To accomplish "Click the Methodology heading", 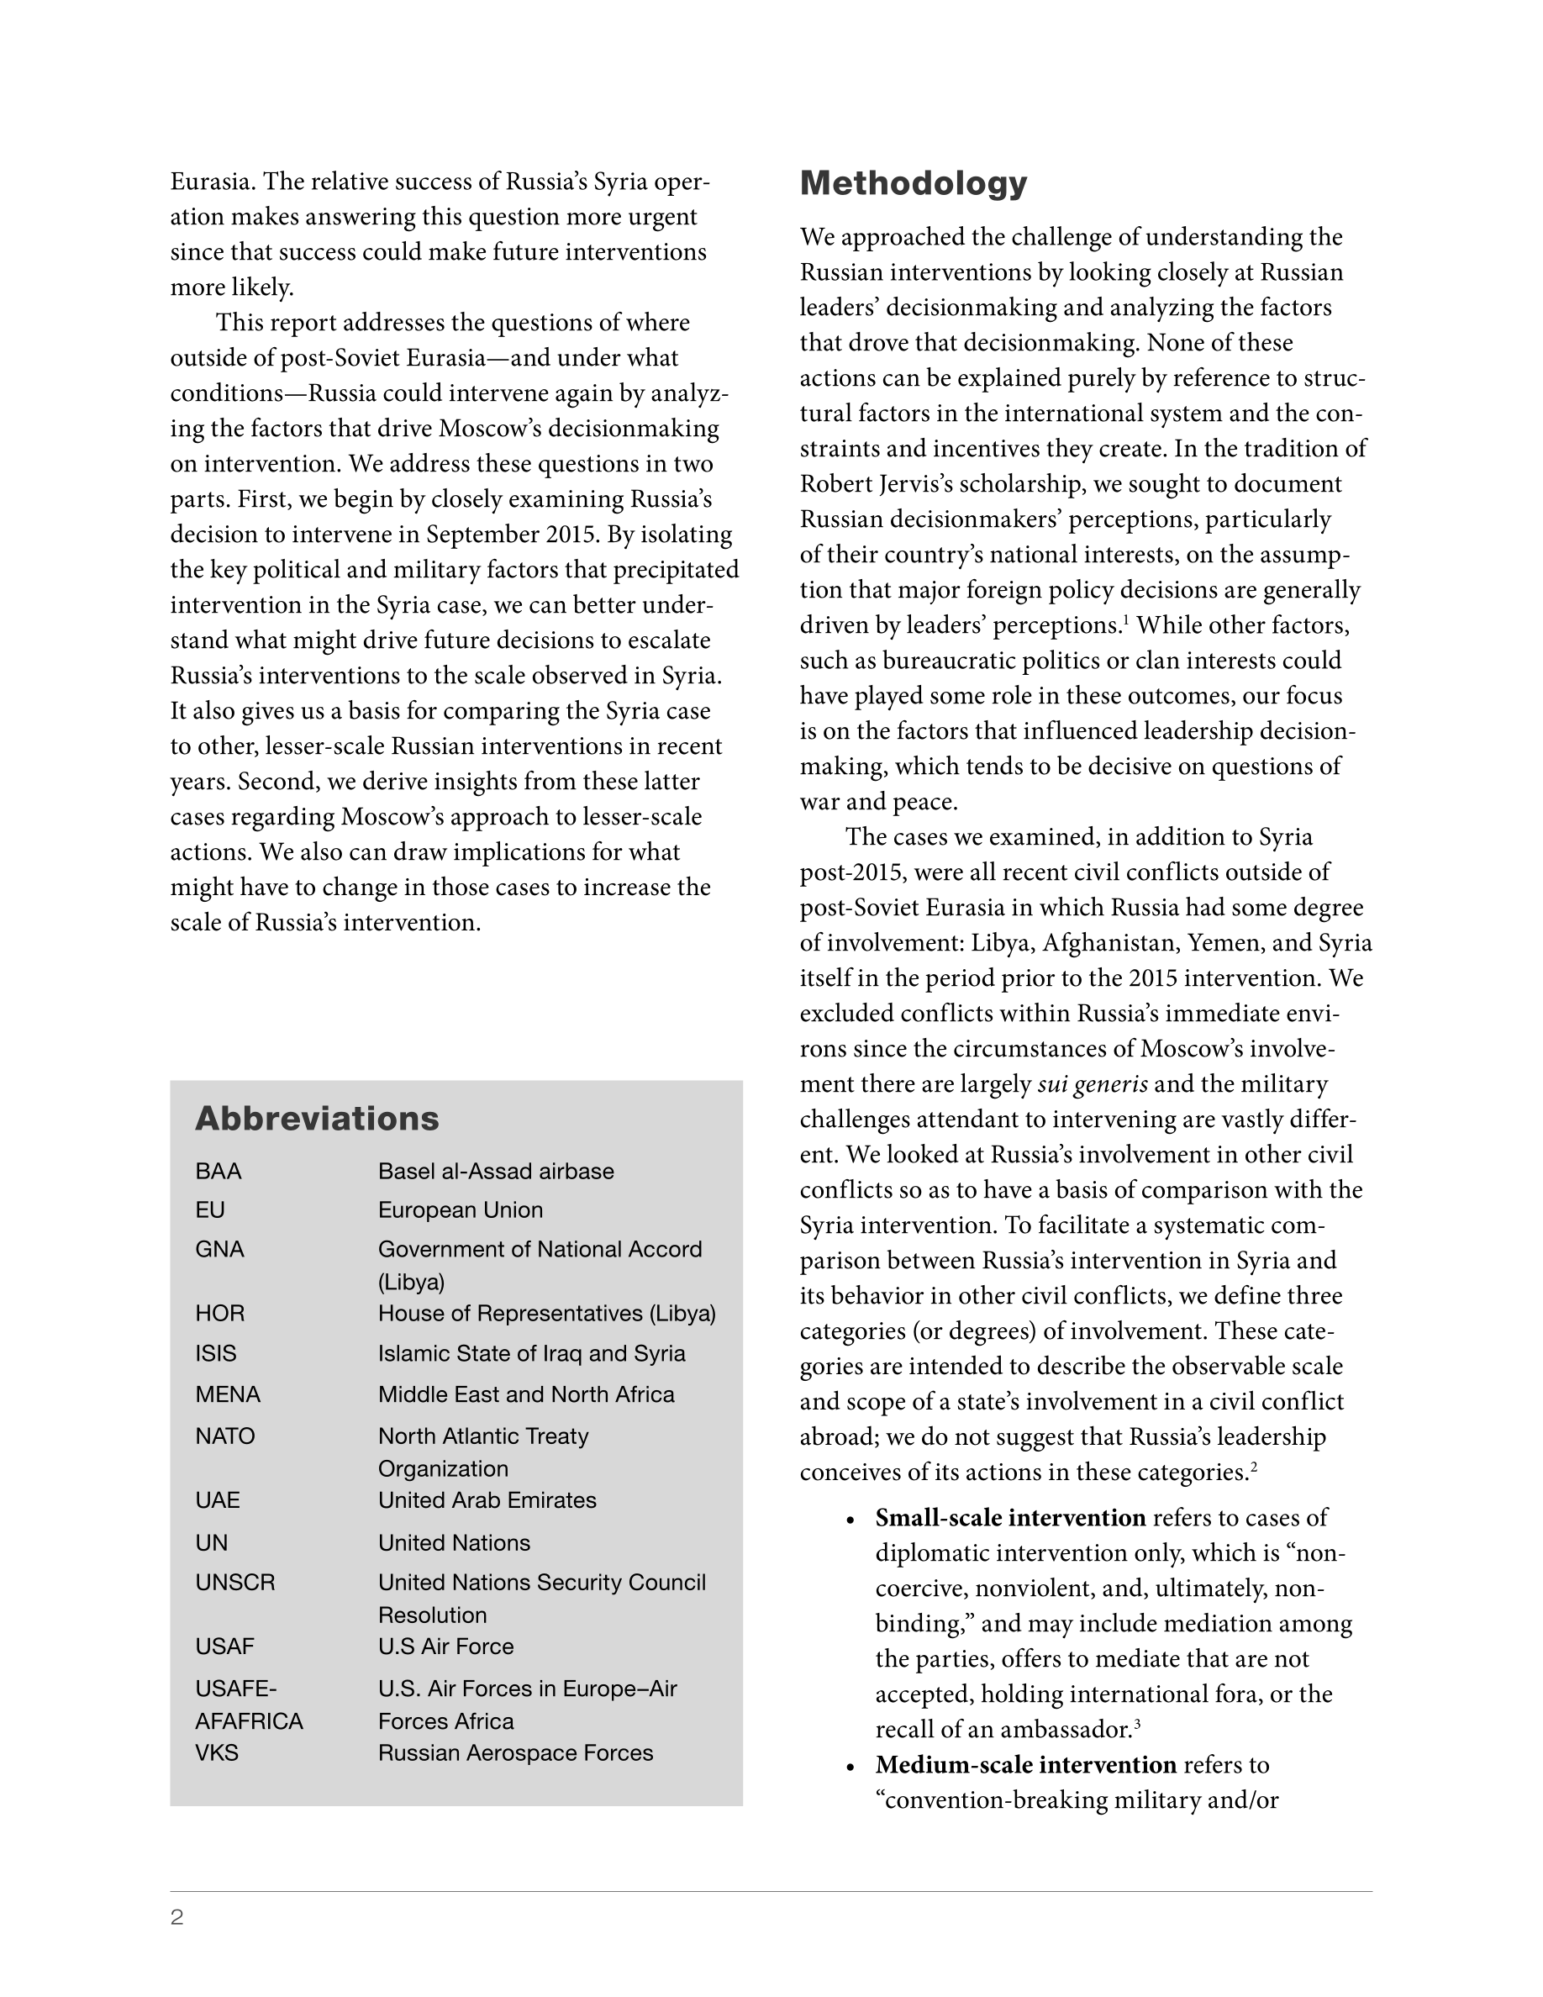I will (x=914, y=184).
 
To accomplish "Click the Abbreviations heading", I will (x=316, y=1119).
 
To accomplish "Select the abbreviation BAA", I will (x=219, y=1172).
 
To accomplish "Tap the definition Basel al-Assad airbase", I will (x=496, y=1172).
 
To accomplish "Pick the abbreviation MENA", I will (x=228, y=1394).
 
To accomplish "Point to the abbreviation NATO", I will (x=225, y=1436).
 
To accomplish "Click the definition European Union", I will (x=460, y=1209).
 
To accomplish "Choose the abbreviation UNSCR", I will (x=235, y=1582).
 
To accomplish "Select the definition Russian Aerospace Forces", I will (x=515, y=1753).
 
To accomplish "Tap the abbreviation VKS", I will (x=217, y=1753).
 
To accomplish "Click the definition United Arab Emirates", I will (x=487, y=1499).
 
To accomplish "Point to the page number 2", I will (x=177, y=1917).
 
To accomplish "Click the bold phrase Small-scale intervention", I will (x=1010, y=1518).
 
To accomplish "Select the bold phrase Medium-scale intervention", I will (x=1025, y=1765).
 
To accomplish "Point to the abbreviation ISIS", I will (x=216, y=1353).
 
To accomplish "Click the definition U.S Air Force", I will (x=445, y=1646).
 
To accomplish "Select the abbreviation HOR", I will (x=219, y=1313).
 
